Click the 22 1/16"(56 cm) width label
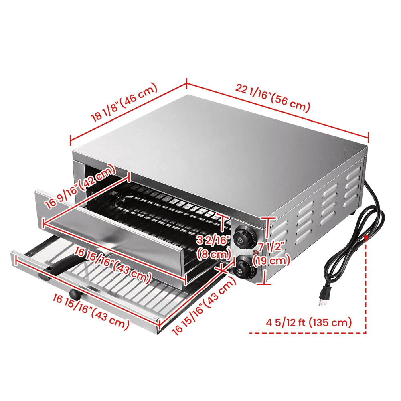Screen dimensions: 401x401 (x=273, y=99)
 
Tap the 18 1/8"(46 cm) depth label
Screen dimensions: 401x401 (x=125, y=102)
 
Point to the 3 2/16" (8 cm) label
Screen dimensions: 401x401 (x=214, y=247)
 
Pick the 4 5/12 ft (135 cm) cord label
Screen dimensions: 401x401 (x=309, y=322)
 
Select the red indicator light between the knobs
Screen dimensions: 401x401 (x=255, y=252)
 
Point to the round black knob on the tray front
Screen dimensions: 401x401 (x=75, y=294)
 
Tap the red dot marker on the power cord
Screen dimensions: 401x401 (x=366, y=237)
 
